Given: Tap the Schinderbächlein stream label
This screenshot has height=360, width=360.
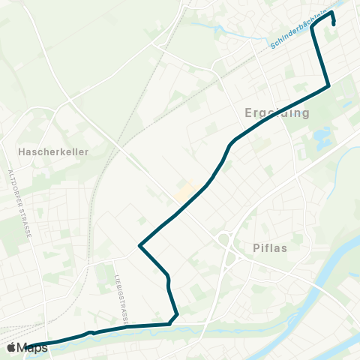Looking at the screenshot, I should click(x=298, y=34).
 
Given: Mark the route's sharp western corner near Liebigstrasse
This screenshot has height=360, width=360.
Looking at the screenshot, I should click(x=139, y=245).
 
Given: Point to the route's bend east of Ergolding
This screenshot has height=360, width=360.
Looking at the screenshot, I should click(x=328, y=88).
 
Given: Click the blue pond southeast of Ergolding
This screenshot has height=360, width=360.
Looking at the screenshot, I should click(x=323, y=137).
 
